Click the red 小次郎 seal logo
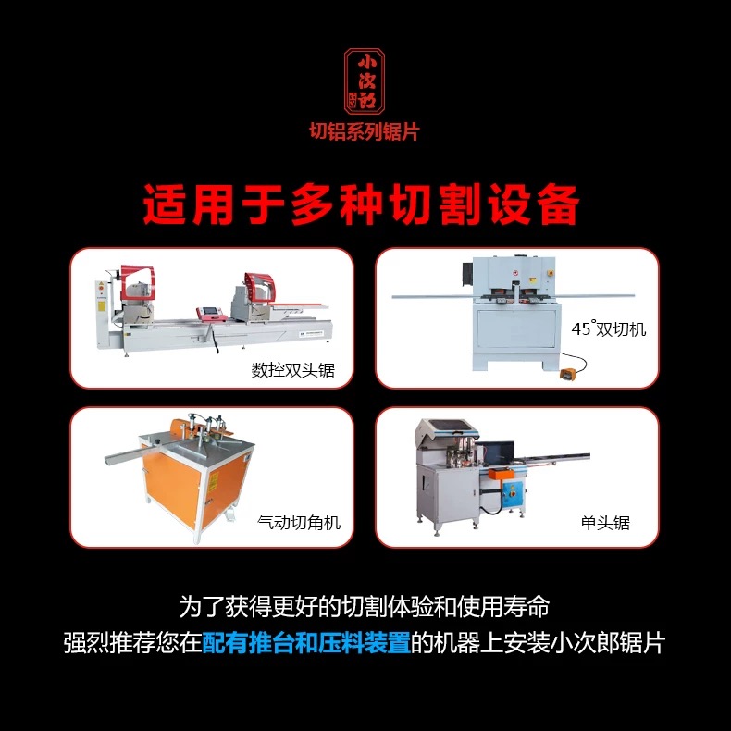[364, 81]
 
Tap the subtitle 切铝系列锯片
[365, 131]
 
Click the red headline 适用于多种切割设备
[361, 204]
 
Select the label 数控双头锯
[293, 370]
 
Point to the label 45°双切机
[608, 328]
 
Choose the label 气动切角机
[299, 522]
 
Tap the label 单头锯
[604, 523]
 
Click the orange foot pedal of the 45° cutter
[568, 374]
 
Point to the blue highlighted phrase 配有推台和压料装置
[306, 642]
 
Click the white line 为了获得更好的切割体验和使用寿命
[365, 606]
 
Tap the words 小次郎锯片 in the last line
[607, 642]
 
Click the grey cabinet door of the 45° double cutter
[516, 328]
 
